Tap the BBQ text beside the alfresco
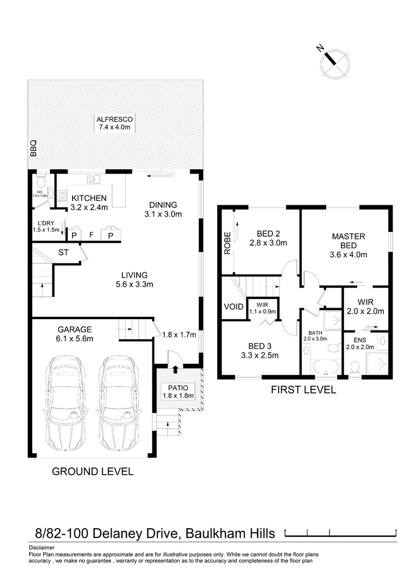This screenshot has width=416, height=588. click(x=33, y=149)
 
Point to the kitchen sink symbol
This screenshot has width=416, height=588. click(x=95, y=178)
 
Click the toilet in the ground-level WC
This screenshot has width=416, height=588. click(x=40, y=181)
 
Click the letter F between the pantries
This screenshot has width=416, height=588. click(x=92, y=235)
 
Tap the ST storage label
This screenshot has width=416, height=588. click(x=64, y=253)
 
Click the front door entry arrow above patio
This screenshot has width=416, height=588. click(x=175, y=370)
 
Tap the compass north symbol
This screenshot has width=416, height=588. click(x=332, y=59)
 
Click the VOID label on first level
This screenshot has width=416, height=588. click(x=233, y=307)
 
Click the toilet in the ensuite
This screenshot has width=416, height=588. click(x=355, y=366)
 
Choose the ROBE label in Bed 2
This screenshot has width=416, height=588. click(x=227, y=244)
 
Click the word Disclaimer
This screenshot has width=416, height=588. click(x=42, y=547)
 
